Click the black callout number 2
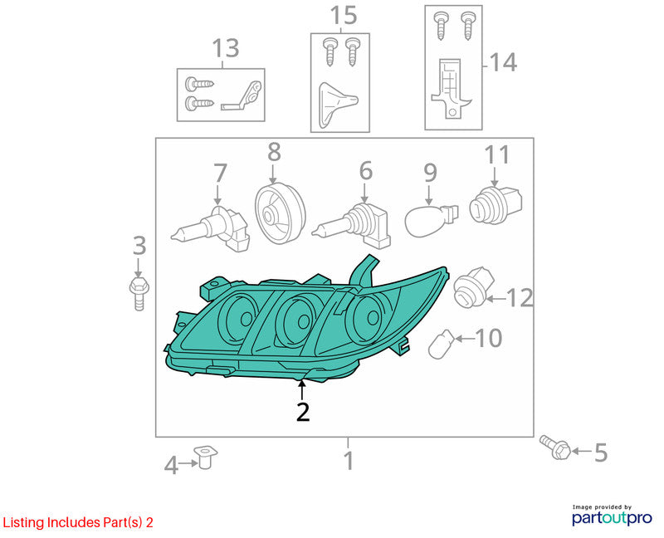coord(303,411)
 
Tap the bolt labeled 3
coord(139,293)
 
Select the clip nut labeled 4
coord(205,457)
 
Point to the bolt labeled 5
coord(555,448)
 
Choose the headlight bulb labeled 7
coord(211,229)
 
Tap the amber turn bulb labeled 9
coord(431,219)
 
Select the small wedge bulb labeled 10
coord(442,343)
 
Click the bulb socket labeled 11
coord(496,206)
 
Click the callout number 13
coord(225,48)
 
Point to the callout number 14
coord(503,63)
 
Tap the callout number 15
coord(344,16)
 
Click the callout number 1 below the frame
coord(349,461)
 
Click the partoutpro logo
coord(612,516)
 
